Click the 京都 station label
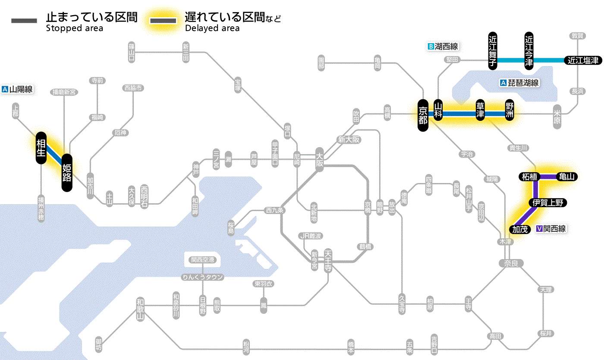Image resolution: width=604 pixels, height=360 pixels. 423,114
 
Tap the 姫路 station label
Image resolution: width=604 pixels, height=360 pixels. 67,173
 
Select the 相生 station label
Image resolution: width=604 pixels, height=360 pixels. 41,148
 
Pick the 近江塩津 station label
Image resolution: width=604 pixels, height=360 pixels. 583,60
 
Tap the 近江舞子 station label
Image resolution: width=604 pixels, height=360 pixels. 493,51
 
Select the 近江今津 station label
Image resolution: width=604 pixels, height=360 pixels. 529,51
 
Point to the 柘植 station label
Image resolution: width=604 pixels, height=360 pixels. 529,177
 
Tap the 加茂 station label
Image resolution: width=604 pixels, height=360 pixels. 520,229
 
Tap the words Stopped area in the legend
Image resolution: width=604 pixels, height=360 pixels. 75,28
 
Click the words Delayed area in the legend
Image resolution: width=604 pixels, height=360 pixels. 212,28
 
